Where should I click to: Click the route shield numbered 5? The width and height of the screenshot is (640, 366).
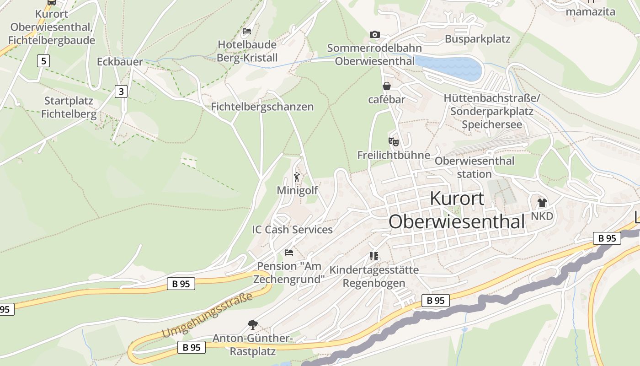[x=43, y=61]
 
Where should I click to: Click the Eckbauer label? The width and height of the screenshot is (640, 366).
[x=120, y=62]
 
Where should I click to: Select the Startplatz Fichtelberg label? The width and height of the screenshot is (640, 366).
[x=69, y=108]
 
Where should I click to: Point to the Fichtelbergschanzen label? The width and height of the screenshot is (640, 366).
[x=262, y=107]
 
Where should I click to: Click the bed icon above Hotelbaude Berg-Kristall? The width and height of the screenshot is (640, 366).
[x=247, y=31]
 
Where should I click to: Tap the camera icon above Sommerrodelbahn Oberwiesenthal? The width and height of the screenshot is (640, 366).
[x=375, y=35]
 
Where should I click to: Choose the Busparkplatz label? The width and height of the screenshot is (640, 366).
[x=477, y=39]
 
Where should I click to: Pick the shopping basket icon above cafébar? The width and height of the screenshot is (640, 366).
[x=387, y=86]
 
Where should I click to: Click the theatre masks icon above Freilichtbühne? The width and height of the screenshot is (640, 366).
[x=393, y=142]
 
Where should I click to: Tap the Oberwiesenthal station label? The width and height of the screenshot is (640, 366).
[x=474, y=167]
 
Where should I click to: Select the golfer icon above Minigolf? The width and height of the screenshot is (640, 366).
[x=297, y=177]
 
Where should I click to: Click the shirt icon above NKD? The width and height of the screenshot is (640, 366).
[x=542, y=202]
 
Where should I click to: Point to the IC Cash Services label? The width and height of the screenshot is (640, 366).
[x=292, y=229]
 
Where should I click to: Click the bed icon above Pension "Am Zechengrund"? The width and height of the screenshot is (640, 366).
[x=289, y=252]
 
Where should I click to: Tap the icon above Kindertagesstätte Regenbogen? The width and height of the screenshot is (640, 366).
[x=374, y=256]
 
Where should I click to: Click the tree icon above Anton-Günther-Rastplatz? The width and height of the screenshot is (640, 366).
[x=252, y=325]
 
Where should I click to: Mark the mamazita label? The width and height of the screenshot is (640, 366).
[x=590, y=12]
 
